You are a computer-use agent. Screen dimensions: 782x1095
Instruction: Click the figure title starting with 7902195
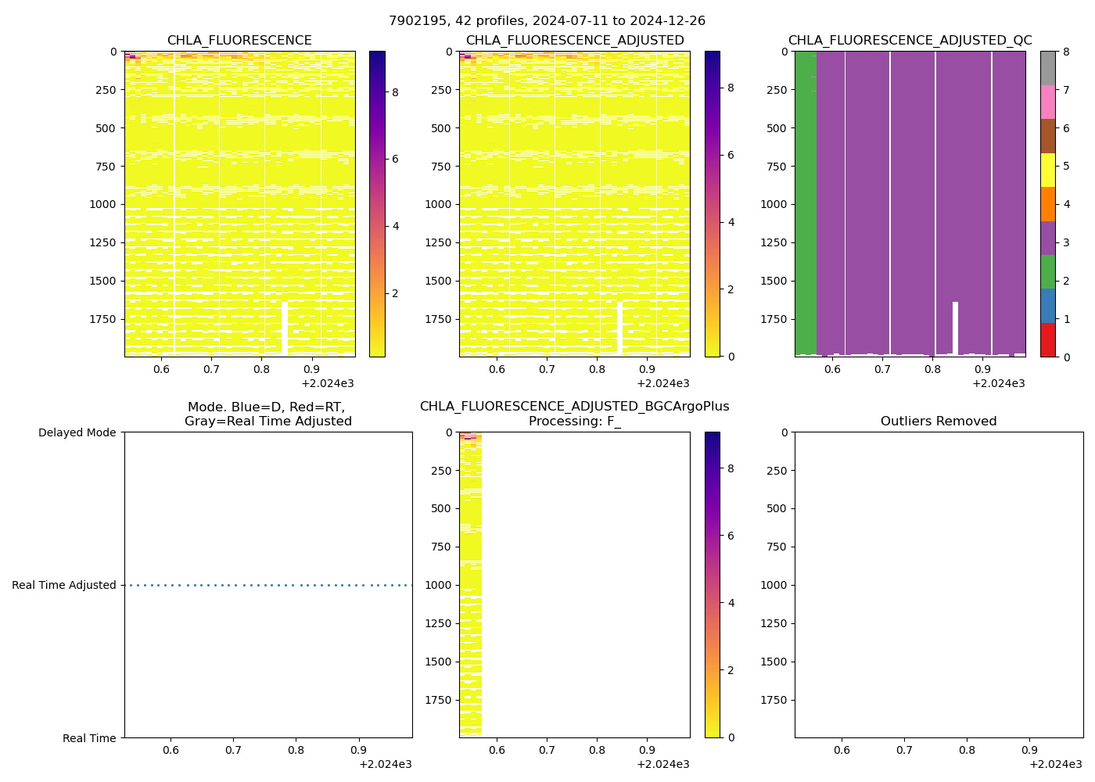(547, 21)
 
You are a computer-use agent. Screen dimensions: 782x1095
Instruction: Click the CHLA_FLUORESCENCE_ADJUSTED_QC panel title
(910, 41)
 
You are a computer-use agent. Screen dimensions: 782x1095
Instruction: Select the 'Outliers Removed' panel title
(939, 421)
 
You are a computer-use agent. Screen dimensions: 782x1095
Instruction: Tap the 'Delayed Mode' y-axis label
(77, 432)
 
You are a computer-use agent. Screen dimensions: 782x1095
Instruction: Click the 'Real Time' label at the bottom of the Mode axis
(89, 738)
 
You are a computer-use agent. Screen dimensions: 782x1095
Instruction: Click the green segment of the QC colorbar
(1047, 271)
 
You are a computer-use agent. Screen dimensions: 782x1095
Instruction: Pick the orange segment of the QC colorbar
(1047, 204)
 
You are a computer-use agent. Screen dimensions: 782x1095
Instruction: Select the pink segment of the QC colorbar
(1047, 102)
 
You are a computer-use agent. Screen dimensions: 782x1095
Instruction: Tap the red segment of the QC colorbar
(1047, 340)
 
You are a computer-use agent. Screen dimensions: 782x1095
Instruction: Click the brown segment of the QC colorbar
(1047, 136)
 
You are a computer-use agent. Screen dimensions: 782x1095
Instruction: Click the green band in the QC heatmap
(806, 203)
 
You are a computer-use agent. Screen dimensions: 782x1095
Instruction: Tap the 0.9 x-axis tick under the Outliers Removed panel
(1029, 750)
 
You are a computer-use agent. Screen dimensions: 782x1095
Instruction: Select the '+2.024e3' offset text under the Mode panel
(385, 764)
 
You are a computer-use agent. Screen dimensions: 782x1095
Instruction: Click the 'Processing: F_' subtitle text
(574, 421)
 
